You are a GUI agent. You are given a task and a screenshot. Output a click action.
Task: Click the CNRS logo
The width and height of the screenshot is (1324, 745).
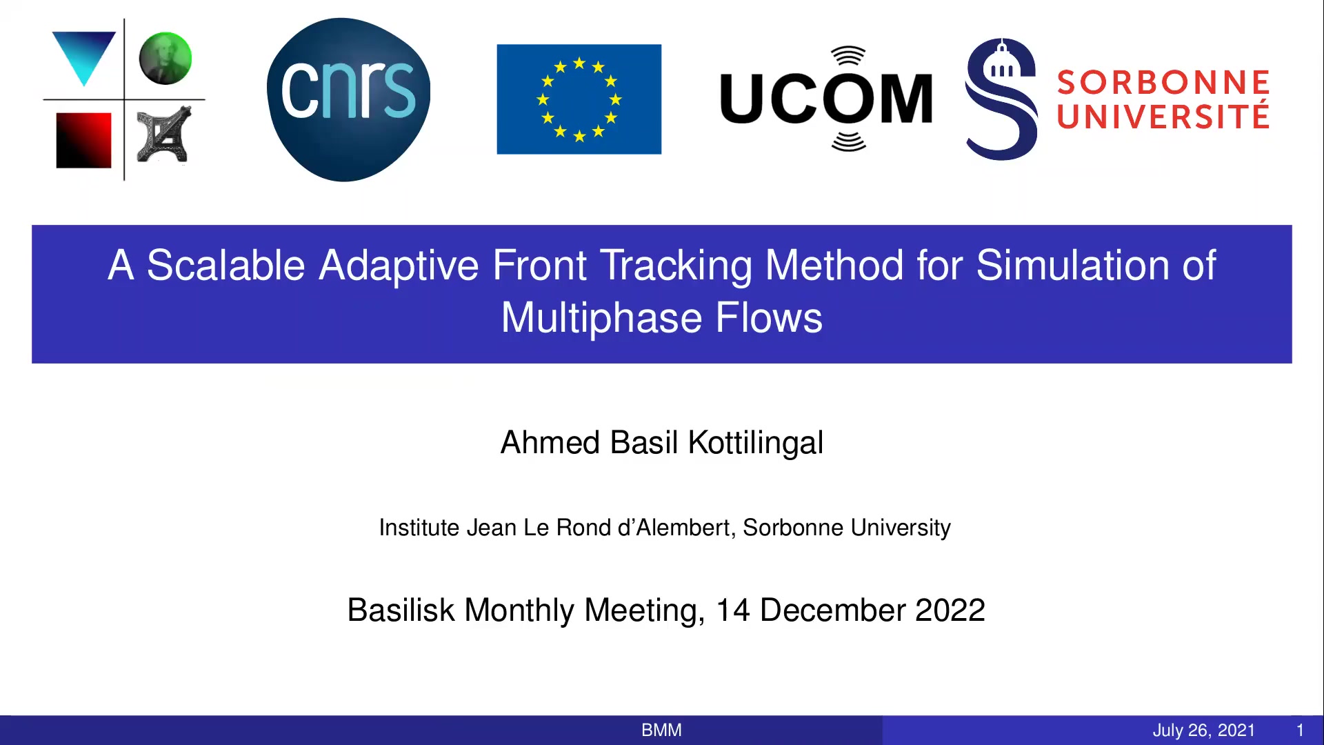point(348,100)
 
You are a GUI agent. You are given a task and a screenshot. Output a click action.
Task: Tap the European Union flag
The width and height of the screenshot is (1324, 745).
point(579,99)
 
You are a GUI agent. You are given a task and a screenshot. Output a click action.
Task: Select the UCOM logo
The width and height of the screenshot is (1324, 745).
point(826,99)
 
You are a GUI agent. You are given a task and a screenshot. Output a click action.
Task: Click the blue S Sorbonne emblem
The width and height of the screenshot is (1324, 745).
point(1001,99)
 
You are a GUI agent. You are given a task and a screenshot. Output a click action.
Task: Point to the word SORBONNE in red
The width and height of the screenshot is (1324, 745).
point(1163,83)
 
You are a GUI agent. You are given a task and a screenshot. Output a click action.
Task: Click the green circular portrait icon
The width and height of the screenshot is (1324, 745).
point(165,59)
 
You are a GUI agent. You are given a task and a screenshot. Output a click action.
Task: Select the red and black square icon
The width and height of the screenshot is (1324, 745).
point(83,140)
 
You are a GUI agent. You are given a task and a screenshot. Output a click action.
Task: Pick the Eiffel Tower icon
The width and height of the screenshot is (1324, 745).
point(164,135)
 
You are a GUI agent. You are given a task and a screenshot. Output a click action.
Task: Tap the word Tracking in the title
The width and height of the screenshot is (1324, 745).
point(676,266)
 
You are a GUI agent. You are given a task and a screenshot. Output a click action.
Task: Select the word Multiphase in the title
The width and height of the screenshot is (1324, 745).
point(601,319)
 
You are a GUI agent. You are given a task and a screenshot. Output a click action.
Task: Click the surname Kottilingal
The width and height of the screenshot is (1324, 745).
point(756,443)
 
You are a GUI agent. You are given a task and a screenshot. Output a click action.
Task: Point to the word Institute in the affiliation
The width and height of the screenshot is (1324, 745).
point(419,528)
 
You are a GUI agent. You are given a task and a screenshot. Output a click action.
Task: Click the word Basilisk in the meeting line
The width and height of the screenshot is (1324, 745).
point(401,610)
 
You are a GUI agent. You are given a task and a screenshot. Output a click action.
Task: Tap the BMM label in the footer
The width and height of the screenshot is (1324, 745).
point(661,730)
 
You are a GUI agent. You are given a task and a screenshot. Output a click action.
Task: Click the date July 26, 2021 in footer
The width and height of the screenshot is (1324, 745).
point(1204,731)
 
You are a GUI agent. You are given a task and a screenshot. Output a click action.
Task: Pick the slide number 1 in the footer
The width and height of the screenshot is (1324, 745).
point(1300,730)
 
